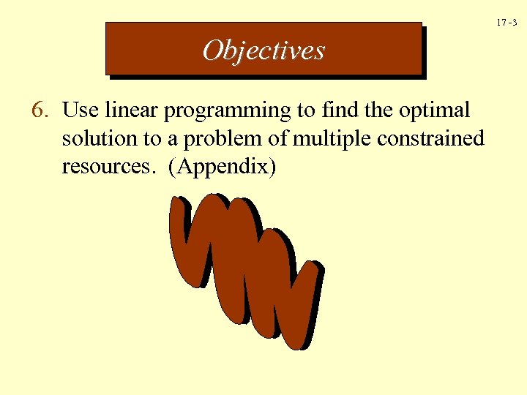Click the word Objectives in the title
tap(263, 50)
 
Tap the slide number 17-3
tap(507, 23)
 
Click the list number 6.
tap(40, 110)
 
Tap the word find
tap(337, 110)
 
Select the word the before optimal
tap(378, 110)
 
